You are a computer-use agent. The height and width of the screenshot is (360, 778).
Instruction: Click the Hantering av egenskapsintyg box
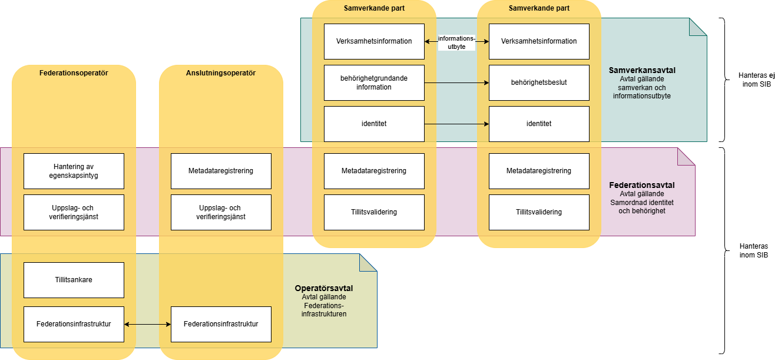tap(74, 171)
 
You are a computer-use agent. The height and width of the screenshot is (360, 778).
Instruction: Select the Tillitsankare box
tap(74, 280)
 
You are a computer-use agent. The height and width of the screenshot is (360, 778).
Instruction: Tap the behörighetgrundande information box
tap(374, 82)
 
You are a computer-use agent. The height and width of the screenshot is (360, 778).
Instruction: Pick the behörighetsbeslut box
tap(539, 82)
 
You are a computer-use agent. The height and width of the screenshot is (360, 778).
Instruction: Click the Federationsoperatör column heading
tap(74, 73)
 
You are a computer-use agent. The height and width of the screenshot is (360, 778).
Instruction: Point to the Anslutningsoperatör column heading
tap(221, 73)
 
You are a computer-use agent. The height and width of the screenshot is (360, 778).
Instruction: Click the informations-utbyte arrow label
tap(456, 42)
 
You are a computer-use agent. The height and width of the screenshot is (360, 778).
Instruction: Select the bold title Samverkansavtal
tap(642, 70)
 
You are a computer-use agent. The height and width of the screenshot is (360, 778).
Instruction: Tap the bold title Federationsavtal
tap(641, 185)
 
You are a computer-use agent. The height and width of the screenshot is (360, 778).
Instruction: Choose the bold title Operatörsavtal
tap(324, 289)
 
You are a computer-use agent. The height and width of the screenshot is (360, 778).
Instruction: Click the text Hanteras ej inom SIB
tap(754, 80)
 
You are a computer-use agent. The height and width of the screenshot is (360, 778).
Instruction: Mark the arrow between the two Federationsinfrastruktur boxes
tap(147, 324)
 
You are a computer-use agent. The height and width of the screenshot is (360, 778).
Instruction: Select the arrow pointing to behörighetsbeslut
tap(456, 83)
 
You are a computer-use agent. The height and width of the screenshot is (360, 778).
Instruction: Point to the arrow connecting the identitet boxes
tap(456, 124)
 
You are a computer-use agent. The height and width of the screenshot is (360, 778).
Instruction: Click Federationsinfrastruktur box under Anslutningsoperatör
tap(221, 324)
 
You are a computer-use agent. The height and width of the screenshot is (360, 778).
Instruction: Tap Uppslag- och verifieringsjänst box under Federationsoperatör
tap(74, 212)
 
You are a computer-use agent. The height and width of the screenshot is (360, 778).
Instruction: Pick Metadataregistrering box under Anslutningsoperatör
tap(221, 171)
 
